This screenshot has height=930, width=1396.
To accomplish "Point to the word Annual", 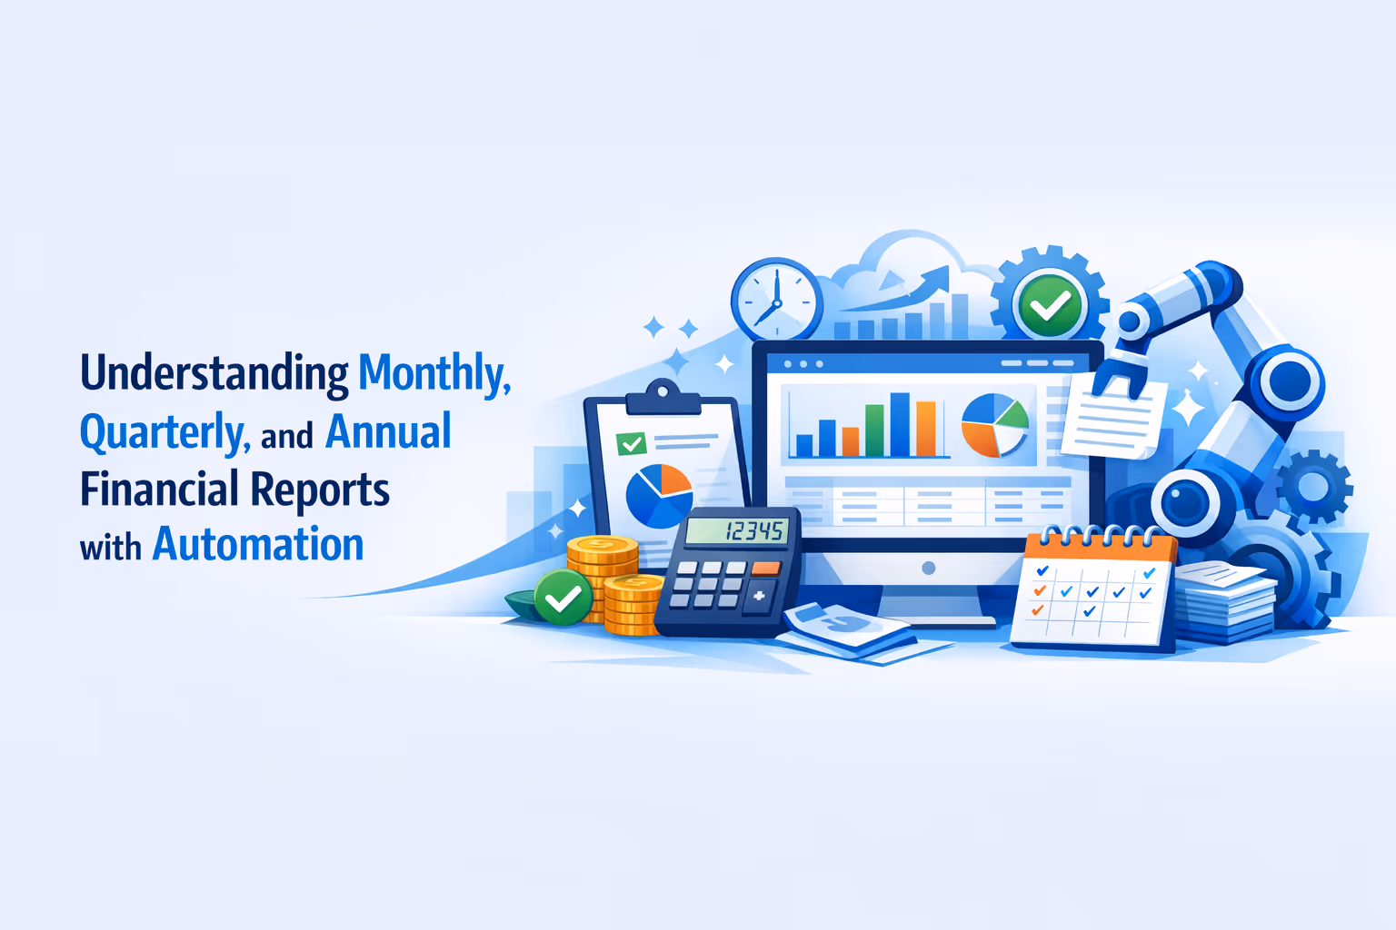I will pos(388,431).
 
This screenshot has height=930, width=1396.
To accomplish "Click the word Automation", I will pos(258,545).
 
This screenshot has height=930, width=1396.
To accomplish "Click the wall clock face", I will pos(776,300).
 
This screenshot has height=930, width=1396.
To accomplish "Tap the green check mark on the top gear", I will pos(1049,306).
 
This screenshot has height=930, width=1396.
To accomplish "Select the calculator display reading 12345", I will pos(736,530).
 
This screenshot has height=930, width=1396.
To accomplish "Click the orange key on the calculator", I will pos(765,569).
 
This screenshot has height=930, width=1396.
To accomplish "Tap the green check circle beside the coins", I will pos(563,598).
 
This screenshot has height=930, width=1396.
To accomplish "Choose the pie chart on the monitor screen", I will pos(994,425).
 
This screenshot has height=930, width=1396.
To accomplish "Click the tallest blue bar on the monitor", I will pos(900,423).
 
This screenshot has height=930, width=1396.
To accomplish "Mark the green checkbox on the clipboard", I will pos(630,444).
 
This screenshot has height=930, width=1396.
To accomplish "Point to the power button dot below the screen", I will pos(928,569).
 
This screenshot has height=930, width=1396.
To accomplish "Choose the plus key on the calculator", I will pos(758,597).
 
